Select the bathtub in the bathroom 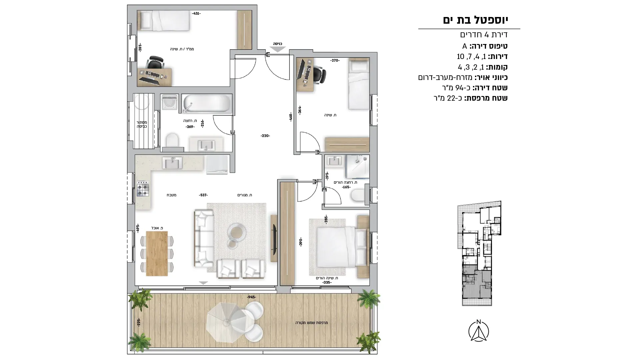pyautogui.click(x=207, y=103)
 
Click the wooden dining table pyautogui.click(x=157, y=253)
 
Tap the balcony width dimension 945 pyautogui.click(x=251, y=297)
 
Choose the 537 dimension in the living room pyautogui.click(x=203, y=195)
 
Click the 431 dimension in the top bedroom pyautogui.click(x=196, y=13)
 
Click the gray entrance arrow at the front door pyautogui.click(x=278, y=49)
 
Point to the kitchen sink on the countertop pyautogui.click(x=172, y=163)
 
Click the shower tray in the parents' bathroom pyautogui.click(x=357, y=167)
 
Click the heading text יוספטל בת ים pyautogui.click(x=475, y=20)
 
